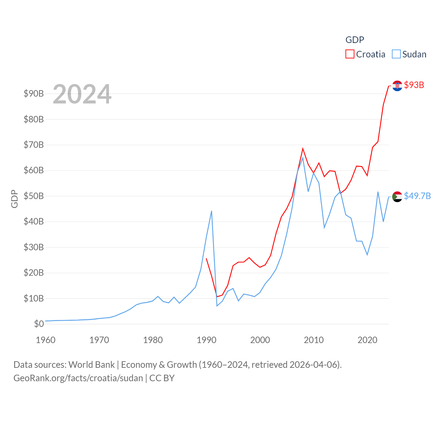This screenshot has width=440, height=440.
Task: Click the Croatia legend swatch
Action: point(350,54)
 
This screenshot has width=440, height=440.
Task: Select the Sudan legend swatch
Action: point(396,54)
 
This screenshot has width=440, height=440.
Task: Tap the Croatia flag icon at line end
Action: point(397,86)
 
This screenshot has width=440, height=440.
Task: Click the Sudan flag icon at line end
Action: point(397,197)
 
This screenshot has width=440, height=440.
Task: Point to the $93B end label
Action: point(414,85)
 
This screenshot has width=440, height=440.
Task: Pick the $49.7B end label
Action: point(417,196)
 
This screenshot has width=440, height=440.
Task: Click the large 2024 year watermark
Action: point(82,94)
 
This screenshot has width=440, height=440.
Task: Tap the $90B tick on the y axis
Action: point(34,93)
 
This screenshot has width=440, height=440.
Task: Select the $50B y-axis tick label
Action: point(34,196)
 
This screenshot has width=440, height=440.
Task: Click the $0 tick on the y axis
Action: point(39,324)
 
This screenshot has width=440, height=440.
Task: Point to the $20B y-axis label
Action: point(34,273)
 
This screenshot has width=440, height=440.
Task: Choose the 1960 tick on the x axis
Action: point(46,340)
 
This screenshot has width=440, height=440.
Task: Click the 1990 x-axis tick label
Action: point(207,340)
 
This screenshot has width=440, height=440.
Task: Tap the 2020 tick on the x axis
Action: point(367,340)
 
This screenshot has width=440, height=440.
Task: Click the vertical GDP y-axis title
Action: point(14,199)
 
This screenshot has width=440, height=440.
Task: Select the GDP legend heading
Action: point(355,40)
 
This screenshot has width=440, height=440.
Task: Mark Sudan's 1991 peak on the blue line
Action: point(211,211)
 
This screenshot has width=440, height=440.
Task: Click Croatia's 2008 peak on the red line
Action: point(303,148)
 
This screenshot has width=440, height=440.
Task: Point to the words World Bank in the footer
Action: point(92,364)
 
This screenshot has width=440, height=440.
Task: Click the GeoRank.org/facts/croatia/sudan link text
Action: point(78,378)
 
